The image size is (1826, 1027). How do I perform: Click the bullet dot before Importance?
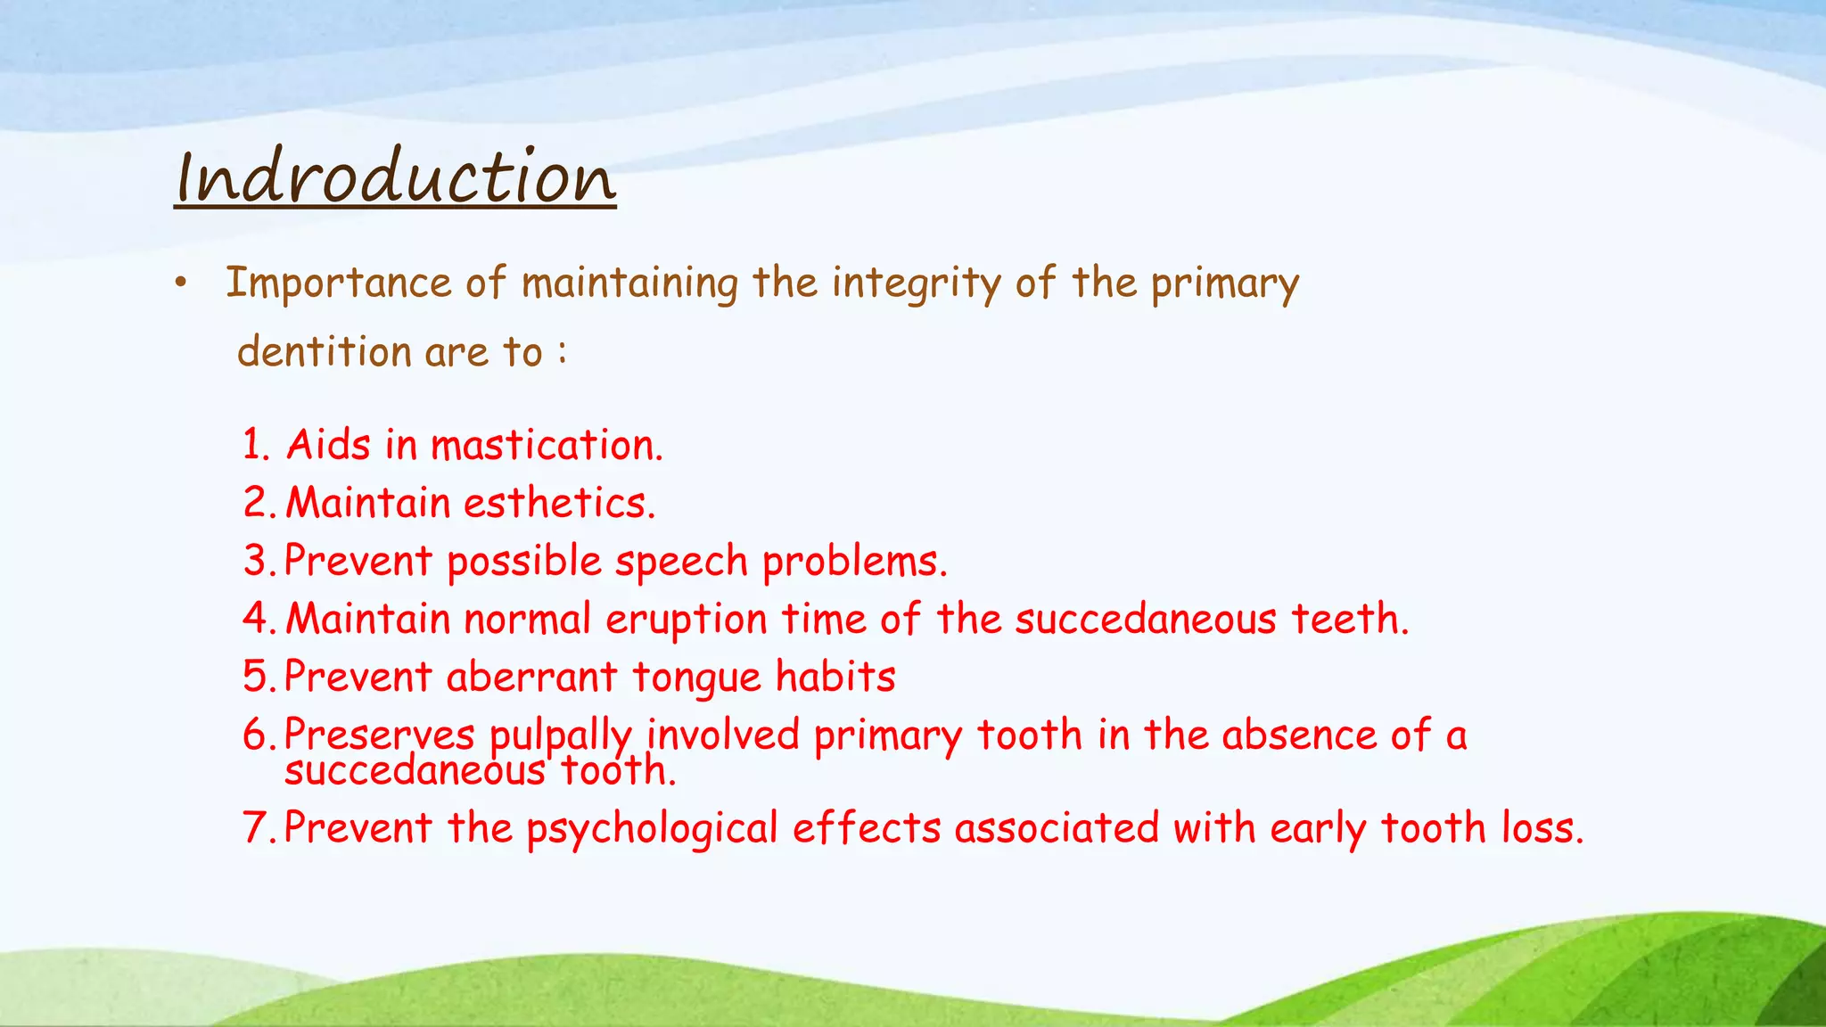pos(181,283)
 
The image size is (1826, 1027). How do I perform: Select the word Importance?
pos(339,283)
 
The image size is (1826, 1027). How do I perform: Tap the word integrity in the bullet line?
pos(917,283)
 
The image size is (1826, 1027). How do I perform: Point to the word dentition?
pos(325,352)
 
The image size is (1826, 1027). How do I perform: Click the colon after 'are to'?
pos(562,352)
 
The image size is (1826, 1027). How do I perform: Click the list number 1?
pos(254,445)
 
